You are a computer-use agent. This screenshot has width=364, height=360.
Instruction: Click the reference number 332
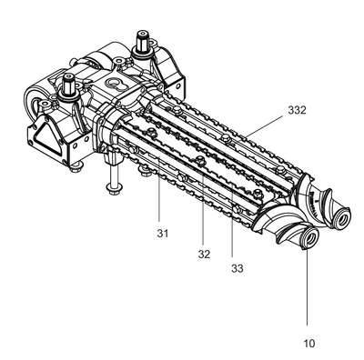(297, 110)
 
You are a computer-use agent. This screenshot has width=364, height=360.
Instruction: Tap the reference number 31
(163, 234)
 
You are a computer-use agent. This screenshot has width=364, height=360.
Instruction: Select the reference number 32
(204, 255)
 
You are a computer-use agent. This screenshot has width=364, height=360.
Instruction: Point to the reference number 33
(238, 268)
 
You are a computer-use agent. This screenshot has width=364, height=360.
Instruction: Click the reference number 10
(309, 344)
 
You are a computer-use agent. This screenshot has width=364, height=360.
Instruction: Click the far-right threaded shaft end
(342, 217)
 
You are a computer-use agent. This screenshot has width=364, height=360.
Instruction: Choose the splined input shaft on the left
(68, 85)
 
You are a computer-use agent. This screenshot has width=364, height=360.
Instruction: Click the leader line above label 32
(203, 202)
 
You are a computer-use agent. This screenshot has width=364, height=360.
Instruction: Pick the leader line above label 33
(232, 220)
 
